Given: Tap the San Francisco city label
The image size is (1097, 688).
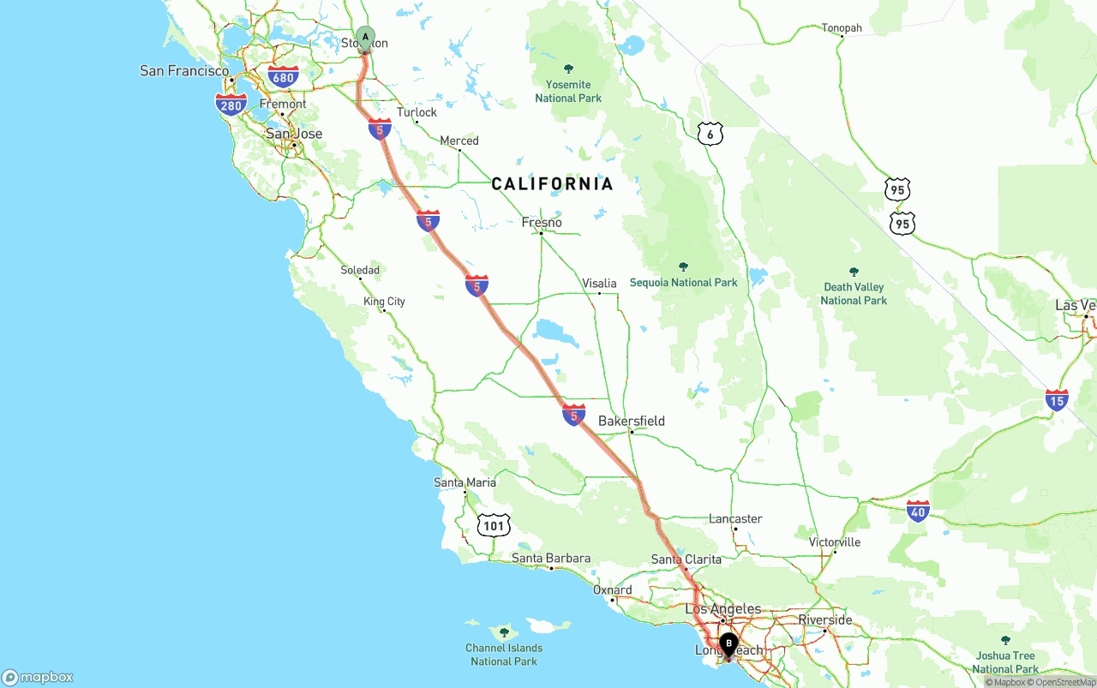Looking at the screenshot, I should [x=184, y=71].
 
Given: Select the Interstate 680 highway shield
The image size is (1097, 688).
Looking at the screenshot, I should [x=283, y=77].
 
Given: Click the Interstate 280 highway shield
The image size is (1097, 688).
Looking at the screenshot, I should [x=231, y=105].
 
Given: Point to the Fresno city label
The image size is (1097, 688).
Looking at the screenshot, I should [x=542, y=223].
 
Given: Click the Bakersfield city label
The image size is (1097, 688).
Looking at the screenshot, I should [x=631, y=421].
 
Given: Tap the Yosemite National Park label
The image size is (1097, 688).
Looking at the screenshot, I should [x=568, y=91].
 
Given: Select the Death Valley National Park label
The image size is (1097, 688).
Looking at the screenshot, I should [x=854, y=293].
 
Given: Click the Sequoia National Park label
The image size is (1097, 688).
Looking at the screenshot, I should [x=683, y=282].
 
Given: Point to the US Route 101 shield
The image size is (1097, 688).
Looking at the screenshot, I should [x=494, y=525].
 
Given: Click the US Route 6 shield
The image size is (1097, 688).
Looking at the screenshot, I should [x=710, y=134].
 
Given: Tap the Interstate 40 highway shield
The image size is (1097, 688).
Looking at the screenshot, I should [x=918, y=512].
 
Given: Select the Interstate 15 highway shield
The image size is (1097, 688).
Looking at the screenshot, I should [x=1057, y=400].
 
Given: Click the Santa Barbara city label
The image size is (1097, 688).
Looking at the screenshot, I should [x=550, y=559].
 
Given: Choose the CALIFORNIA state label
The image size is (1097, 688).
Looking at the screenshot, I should [x=552, y=183].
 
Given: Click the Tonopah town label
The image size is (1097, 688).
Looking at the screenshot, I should [x=842, y=28].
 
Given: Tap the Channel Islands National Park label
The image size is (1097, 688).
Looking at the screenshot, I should [x=504, y=654].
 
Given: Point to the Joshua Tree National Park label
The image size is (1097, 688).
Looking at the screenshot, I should [x=1005, y=662].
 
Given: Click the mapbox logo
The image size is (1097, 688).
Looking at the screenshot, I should [x=38, y=677].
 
